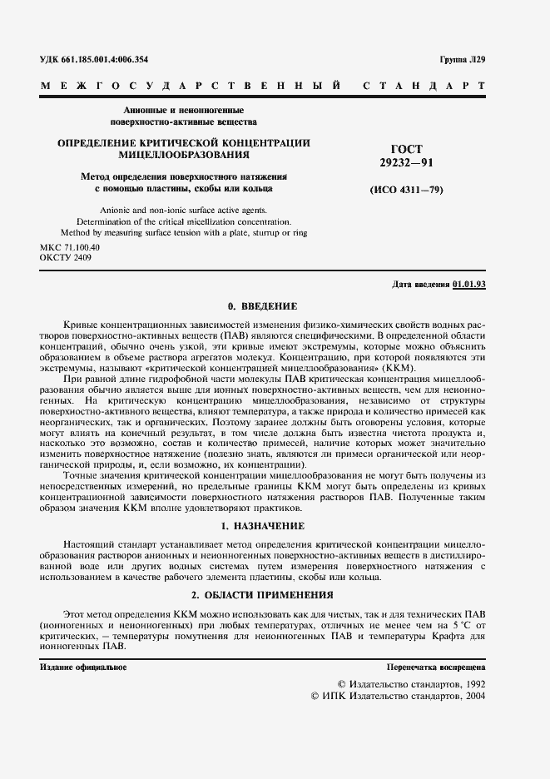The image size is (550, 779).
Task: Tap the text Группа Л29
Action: (x=463, y=60)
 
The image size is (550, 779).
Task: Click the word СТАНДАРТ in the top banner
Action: (x=424, y=87)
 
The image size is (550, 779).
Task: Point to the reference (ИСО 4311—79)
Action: (x=406, y=191)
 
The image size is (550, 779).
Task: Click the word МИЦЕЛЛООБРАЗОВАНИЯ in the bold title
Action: (x=184, y=155)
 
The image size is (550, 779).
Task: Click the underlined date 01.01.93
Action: (x=469, y=285)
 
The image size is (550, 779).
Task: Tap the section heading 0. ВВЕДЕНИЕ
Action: (x=263, y=306)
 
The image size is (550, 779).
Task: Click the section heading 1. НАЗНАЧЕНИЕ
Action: (x=263, y=527)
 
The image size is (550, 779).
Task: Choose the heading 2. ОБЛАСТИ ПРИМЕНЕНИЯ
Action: (x=263, y=595)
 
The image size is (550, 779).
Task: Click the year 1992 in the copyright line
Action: (x=471, y=682)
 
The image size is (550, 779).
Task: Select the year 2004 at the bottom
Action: (x=471, y=695)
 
